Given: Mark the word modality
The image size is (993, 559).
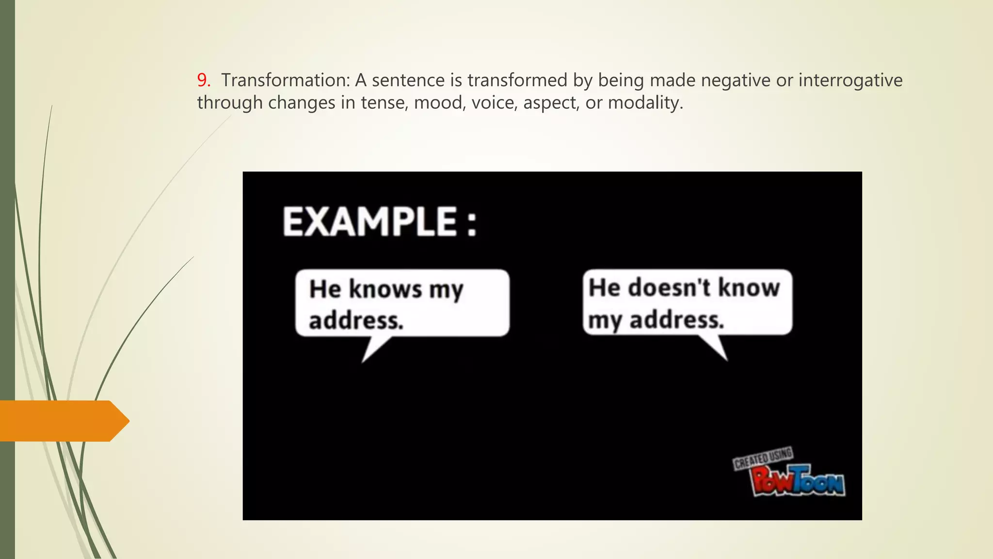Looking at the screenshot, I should click(x=645, y=103).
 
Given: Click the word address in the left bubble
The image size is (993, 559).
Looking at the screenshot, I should click(x=356, y=321).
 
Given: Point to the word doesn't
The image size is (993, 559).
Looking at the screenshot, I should click(x=671, y=287).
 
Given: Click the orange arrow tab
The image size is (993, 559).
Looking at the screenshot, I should click(x=63, y=421).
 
